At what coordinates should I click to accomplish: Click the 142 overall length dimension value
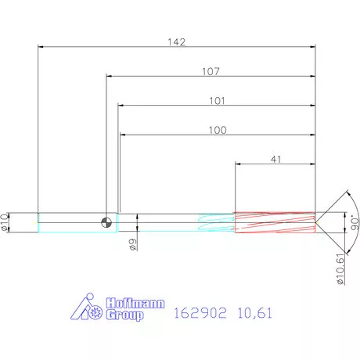point(177,42)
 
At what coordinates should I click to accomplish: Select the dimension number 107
point(211,71)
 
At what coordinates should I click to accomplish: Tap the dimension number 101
point(217,100)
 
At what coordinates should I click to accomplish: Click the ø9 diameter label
point(134,246)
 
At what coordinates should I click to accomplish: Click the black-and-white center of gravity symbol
point(106,222)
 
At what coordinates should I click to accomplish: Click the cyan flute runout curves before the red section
point(216,222)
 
